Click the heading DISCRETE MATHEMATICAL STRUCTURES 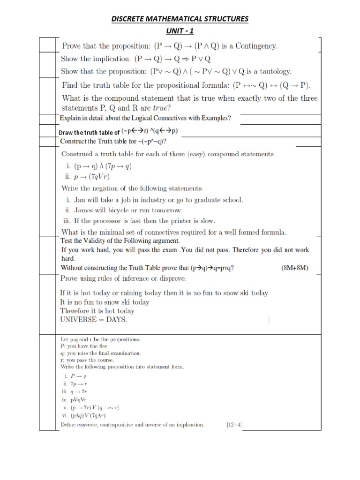180,19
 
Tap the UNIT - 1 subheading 180,31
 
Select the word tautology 274,72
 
